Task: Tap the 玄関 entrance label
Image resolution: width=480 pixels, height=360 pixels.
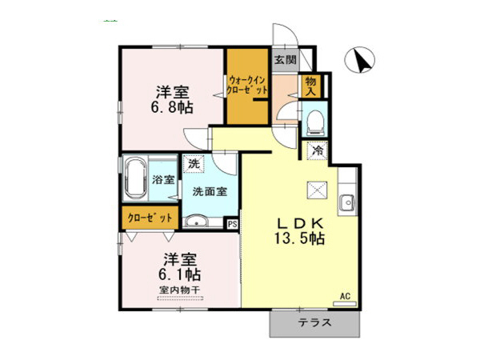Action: (x=284, y=60)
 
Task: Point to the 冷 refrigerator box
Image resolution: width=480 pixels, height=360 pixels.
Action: (x=317, y=150)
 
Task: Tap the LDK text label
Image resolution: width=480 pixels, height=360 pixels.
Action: (x=300, y=222)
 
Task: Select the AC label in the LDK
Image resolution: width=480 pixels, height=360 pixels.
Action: (x=346, y=296)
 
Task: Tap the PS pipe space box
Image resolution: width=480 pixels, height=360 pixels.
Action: (x=232, y=225)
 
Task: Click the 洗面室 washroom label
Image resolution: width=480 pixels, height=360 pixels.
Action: (x=209, y=191)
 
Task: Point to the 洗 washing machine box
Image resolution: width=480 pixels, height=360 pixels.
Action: (x=193, y=163)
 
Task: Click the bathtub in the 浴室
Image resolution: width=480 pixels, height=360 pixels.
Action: (x=134, y=181)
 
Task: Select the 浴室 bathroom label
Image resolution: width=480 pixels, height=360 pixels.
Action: (x=163, y=181)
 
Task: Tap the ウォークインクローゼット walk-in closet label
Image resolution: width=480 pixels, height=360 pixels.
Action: (x=247, y=86)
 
